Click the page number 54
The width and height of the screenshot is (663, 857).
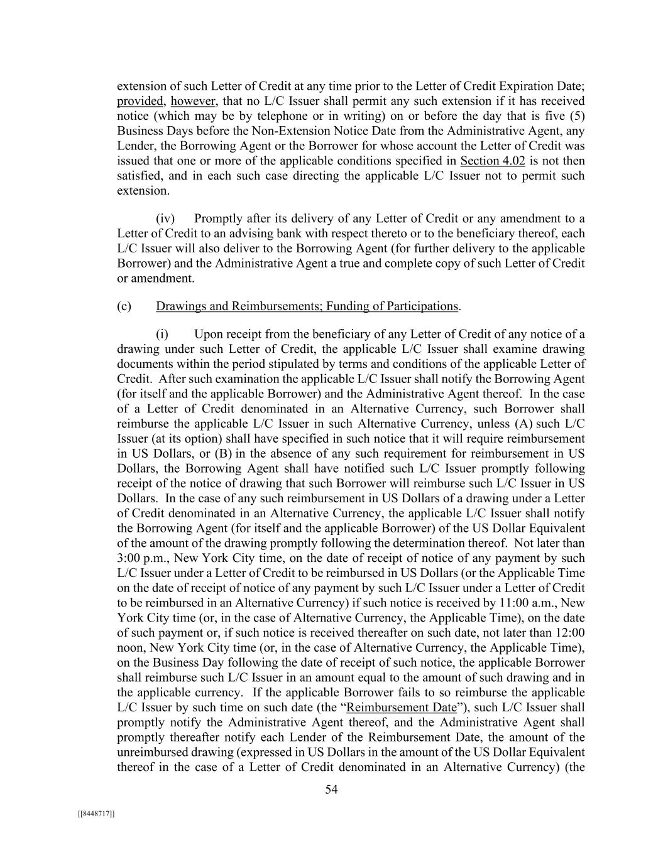(331, 790)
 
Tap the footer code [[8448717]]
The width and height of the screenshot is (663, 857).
(96, 814)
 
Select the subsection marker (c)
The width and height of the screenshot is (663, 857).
(124, 306)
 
